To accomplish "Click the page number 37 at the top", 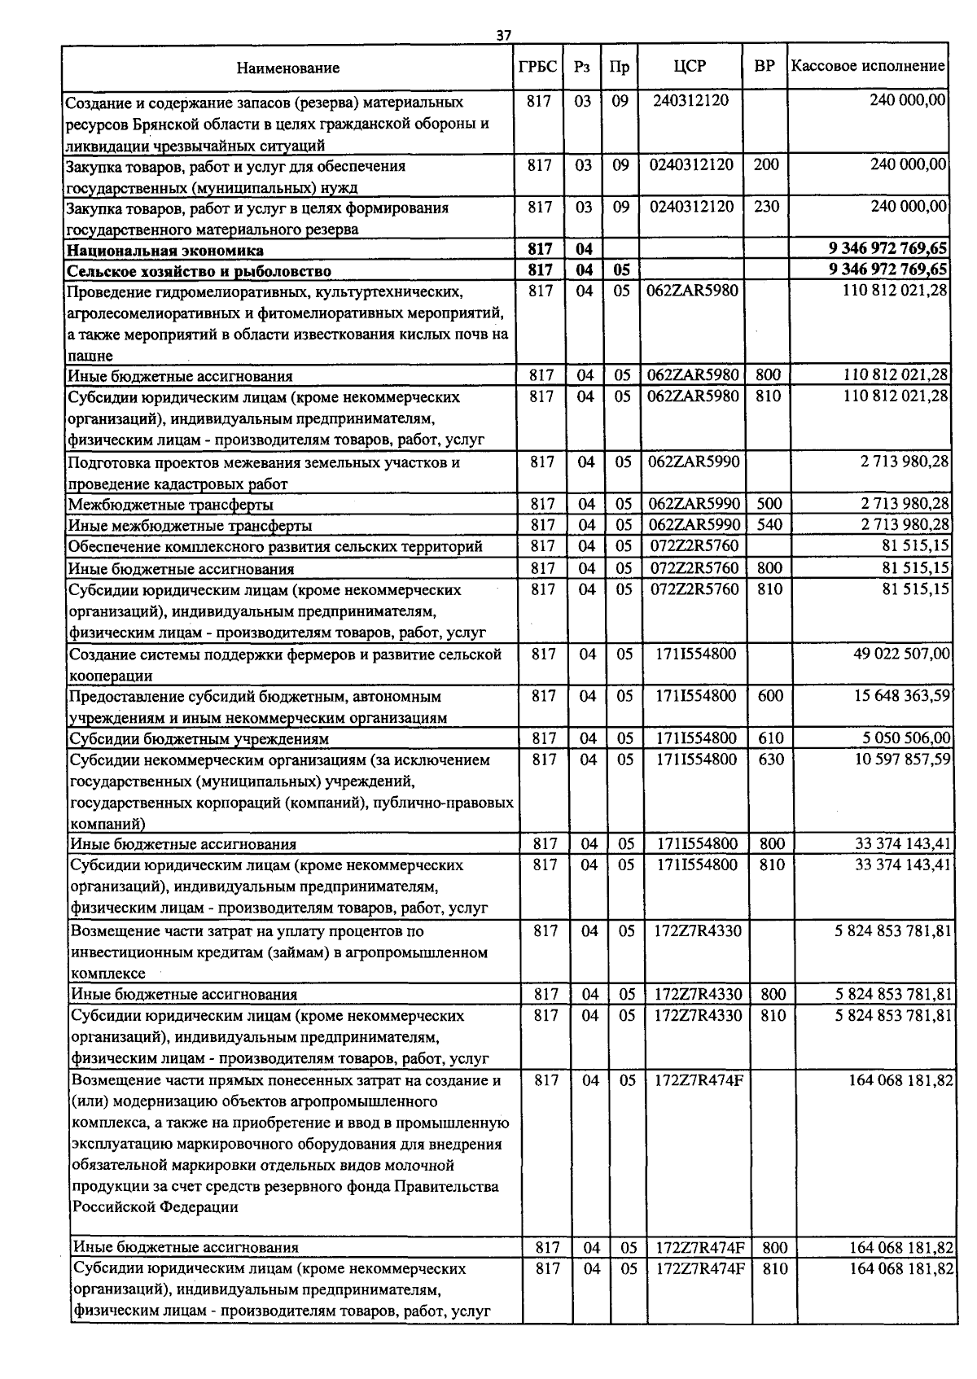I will [x=503, y=35].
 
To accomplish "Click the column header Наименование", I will [x=288, y=68].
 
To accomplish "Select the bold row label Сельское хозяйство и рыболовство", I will [x=199, y=271].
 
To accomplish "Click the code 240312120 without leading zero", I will [x=690, y=101].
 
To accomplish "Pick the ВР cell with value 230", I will [x=765, y=207].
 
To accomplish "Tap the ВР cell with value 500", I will [x=769, y=504].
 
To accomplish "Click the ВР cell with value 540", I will [x=769, y=525].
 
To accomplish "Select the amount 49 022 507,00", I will [x=901, y=654].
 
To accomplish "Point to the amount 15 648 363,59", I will [x=901, y=696].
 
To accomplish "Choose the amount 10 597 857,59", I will [x=901, y=760].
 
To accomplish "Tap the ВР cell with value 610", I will [x=770, y=738].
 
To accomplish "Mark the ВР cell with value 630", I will [x=770, y=760].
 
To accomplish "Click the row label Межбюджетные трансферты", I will [x=170, y=505].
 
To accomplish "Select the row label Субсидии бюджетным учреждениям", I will [x=199, y=739].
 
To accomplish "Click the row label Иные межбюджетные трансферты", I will [x=190, y=526].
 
